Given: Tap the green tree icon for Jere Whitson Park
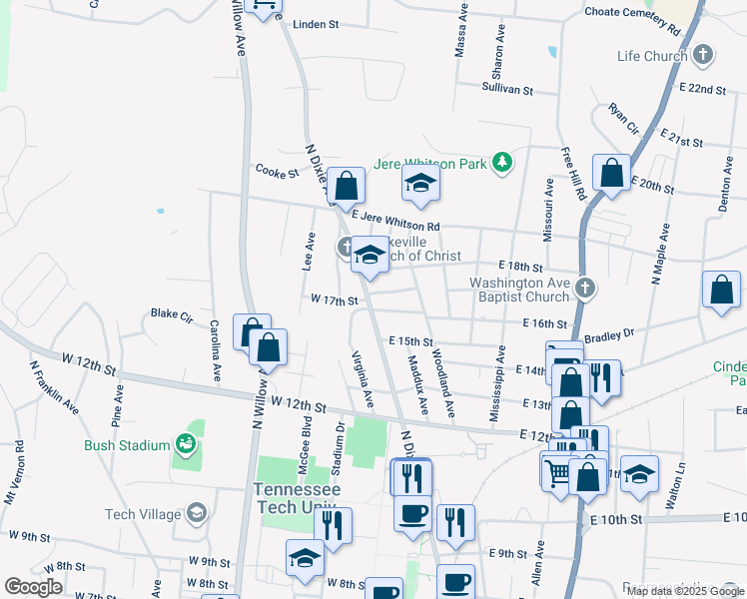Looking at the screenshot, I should coord(505,161).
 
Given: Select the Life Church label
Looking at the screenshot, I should coord(652,56).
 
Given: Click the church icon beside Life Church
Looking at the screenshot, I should coord(703,54).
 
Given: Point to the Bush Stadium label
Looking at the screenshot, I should coord(126,445).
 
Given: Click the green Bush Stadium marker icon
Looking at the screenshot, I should coord(184,442).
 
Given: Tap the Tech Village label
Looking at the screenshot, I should coord(146,514).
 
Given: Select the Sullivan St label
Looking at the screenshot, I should coord(508,89).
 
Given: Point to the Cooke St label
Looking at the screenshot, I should coord(278,172).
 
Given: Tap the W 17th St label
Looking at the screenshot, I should coord(334,299).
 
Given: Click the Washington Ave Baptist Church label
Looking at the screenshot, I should coord(520,290).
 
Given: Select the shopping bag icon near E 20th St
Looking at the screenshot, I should coord(611,172).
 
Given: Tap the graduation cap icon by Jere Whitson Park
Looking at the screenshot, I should coord(421,182).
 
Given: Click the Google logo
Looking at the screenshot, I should coord(32,587).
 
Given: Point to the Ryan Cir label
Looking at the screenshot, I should coord(622,118).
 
